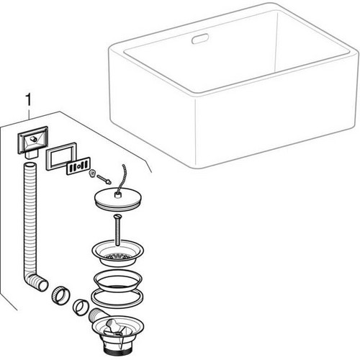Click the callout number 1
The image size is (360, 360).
coord(29,100)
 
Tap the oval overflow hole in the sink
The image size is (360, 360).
coord(200,39)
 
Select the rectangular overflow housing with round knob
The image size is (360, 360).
coord(33,142)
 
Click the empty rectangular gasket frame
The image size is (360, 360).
coord(61,156)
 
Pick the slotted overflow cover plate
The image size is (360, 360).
coord(78,166)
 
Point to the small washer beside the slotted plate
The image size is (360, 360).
coord(91,173)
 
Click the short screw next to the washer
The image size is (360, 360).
coord(104,179)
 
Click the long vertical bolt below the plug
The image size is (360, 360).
coord(117,230)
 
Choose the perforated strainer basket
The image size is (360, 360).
coord(117,253)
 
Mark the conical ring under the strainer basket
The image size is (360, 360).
coord(117,281)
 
